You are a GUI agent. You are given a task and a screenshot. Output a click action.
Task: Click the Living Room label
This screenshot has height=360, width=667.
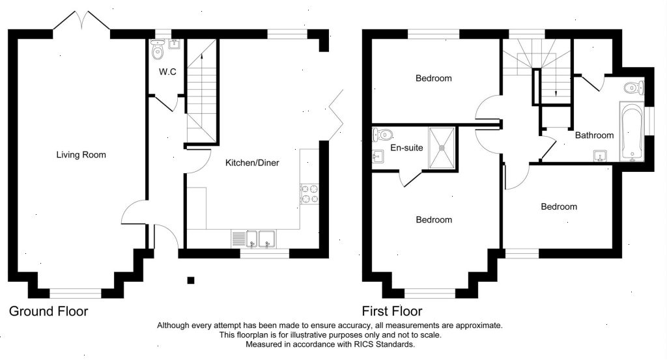click(81, 155)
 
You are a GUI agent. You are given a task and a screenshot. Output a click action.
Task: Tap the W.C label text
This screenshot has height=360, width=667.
click(167, 72)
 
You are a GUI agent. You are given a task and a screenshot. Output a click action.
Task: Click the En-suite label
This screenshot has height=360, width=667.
click(406, 148)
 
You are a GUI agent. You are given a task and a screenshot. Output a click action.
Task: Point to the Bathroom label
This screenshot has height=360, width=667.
click(594, 135)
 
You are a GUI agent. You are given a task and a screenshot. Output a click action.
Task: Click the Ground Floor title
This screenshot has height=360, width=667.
click(48, 312)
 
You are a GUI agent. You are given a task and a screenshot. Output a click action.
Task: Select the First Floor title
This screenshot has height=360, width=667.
click(392, 312)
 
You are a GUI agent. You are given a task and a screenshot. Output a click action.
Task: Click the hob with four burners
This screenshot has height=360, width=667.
click(309, 193)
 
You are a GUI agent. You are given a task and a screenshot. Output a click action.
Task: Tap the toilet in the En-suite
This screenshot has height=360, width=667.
click(381, 135)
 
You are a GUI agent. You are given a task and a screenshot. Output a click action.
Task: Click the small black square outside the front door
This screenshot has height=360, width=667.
click(191, 280)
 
